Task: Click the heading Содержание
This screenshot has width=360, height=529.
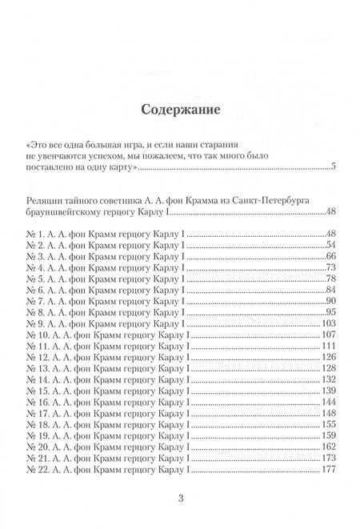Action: point(179,109)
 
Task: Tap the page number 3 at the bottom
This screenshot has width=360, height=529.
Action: point(180,500)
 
